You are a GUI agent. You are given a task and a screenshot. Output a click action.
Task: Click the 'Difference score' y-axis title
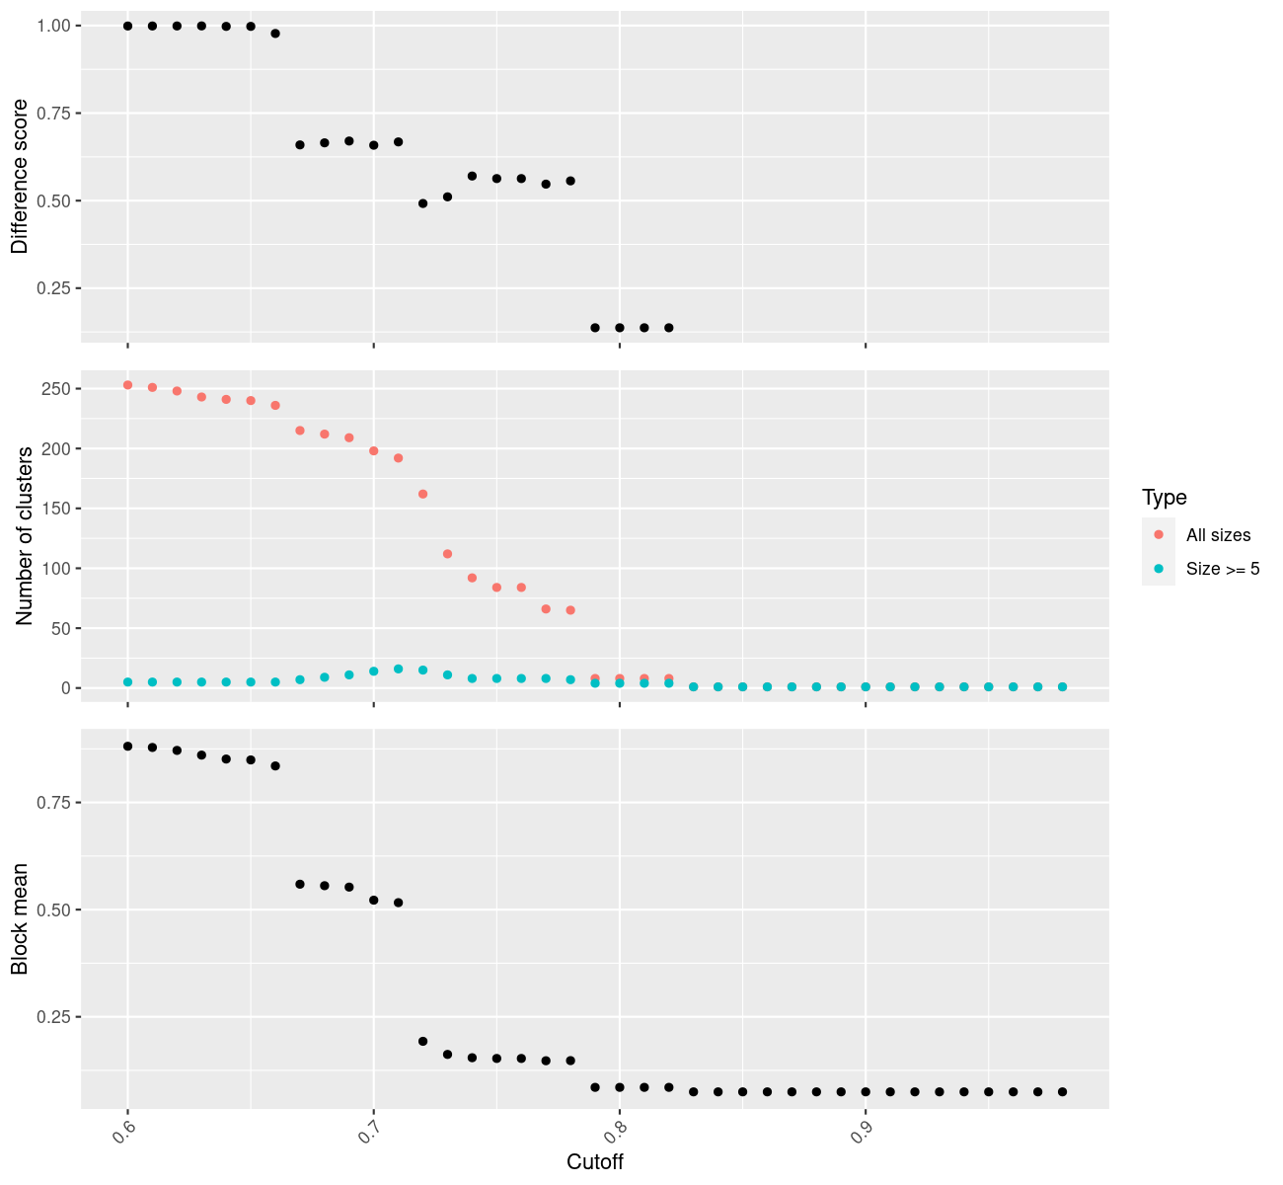[20, 177]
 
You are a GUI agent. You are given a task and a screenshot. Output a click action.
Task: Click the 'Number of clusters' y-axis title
[25, 536]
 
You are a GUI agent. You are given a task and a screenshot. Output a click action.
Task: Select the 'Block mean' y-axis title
[20, 918]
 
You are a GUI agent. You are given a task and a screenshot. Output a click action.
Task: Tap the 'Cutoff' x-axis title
[595, 1161]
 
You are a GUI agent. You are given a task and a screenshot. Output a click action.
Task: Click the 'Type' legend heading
[1164, 497]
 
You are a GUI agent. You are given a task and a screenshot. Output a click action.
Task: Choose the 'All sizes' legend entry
[1218, 535]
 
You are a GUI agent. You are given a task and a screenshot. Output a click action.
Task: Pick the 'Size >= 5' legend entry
[1223, 569]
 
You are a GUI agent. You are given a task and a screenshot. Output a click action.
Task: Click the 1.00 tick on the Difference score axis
[54, 26]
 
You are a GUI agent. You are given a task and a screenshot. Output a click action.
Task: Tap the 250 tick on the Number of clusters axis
[55, 389]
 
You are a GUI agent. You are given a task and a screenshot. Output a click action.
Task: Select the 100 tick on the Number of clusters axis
[55, 569]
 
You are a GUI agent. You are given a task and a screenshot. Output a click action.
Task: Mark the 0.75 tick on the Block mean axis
[54, 803]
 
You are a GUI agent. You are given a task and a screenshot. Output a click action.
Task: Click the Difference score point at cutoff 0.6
[127, 26]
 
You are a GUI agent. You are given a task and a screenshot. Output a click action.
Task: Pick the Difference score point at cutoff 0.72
[422, 203]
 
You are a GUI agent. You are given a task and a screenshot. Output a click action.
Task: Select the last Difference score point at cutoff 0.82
[668, 328]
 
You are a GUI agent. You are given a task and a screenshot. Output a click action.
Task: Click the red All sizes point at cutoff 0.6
[127, 385]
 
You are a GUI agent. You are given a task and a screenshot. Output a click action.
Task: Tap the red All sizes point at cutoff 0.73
[447, 554]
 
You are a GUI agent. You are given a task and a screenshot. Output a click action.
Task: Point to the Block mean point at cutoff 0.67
[300, 884]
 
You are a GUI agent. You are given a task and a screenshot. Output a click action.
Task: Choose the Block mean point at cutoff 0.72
[422, 1041]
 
